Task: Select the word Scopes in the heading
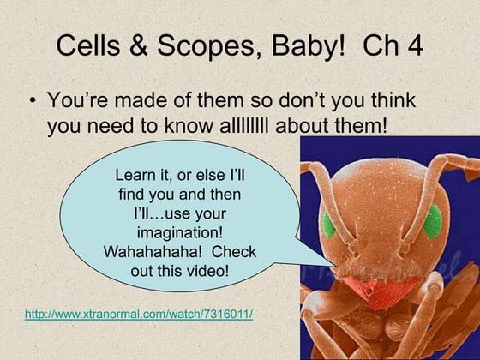click(x=206, y=48)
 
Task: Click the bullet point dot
click(x=32, y=101)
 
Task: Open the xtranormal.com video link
click(x=139, y=315)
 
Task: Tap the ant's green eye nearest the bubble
click(x=328, y=225)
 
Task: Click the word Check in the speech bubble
click(x=233, y=252)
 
